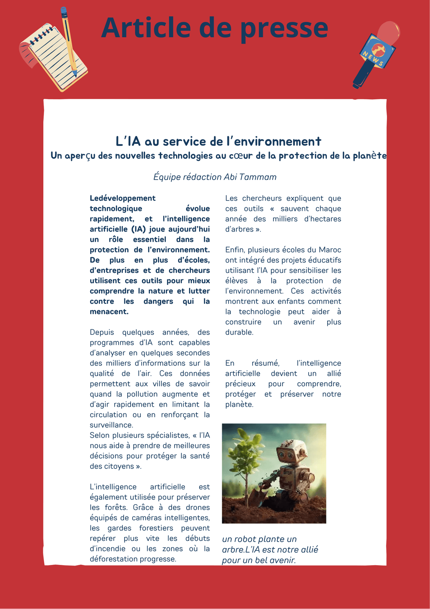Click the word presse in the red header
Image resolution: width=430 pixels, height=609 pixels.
[x=284, y=29]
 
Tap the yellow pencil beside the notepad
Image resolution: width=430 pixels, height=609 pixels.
[x=69, y=41]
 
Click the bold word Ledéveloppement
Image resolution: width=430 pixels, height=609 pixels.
[x=123, y=198]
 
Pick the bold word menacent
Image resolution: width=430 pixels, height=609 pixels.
[x=109, y=312]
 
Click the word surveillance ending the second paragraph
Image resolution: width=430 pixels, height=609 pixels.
[x=111, y=425]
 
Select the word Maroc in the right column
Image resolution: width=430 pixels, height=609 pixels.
[x=330, y=250]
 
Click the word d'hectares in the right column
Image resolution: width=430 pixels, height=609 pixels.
[x=322, y=219]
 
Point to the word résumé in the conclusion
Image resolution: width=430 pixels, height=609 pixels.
[x=265, y=363]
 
